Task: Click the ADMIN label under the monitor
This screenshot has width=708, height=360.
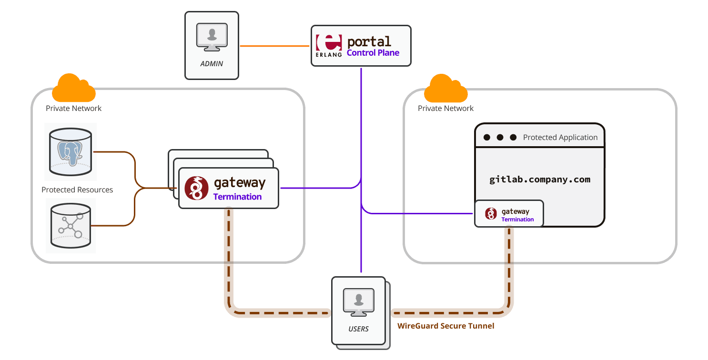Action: pyautogui.click(x=212, y=63)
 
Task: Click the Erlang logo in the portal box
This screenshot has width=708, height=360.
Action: pyautogui.click(x=329, y=46)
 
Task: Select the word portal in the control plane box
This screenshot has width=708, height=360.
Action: pyautogui.click(x=369, y=41)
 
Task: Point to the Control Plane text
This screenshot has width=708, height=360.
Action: pyautogui.click(x=373, y=53)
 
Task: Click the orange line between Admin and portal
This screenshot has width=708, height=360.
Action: pyautogui.click(x=274, y=46)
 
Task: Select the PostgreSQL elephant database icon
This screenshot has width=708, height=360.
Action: pyautogui.click(x=71, y=151)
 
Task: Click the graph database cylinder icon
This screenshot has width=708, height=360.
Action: pyautogui.click(x=71, y=225)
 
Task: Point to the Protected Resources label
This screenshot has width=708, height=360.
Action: pyautogui.click(x=77, y=190)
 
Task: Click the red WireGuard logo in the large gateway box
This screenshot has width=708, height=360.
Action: pyautogui.click(x=196, y=188)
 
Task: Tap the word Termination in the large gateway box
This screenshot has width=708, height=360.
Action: pyautogui.click(x=237, y=197)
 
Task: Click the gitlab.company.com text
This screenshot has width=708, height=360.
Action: pyautogui.click(x=540, y=180)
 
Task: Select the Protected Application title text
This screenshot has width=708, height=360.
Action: pyautogui.click(x=560, y=137)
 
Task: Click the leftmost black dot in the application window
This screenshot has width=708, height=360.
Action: pyautogui.click(x=486, y=138)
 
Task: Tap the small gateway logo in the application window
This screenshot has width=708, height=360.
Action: pyautogui.click(x=491, y=214)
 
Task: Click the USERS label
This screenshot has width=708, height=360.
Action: pyautogui.click(x=358, y=329)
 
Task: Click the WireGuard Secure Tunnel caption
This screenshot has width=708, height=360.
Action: pyautogui.click(x=445, y=326)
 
